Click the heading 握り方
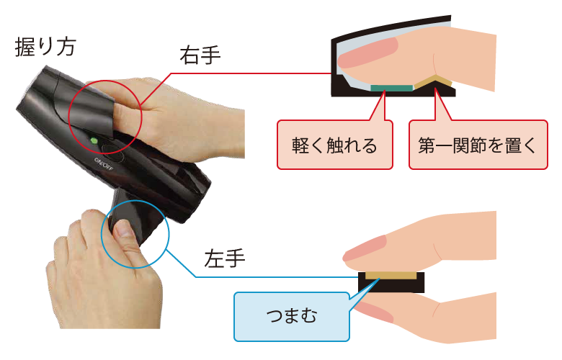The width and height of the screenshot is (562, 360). [45, 47]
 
